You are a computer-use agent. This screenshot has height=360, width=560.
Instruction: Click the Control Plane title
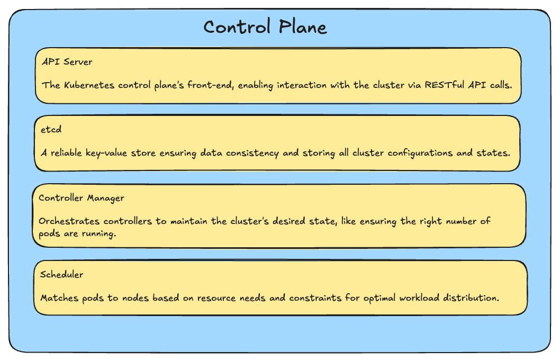[265, 27]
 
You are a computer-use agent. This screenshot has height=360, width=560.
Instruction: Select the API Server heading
[67, 62]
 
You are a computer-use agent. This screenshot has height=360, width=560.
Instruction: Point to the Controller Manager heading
[82, 198]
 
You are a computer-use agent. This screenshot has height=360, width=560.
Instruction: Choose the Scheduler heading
[61, 275]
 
